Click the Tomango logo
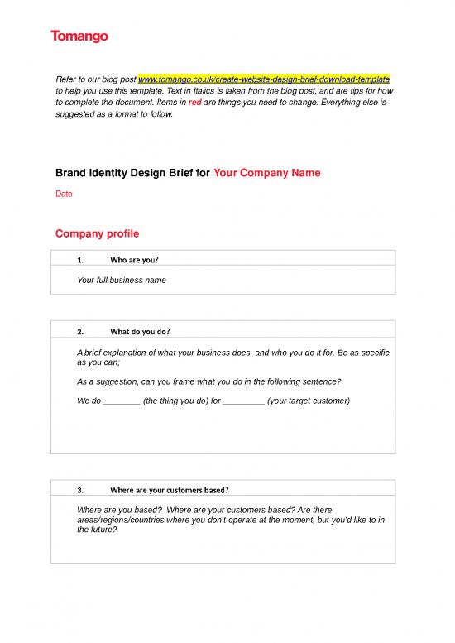[79, 36]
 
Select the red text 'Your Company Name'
[266, 174]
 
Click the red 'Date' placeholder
[63, 194]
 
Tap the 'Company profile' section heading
[97, 233]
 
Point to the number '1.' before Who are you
[80, 260]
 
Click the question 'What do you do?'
[140, 332]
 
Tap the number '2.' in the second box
[80, 332]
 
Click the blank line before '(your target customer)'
[243, 401]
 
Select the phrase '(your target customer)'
[309, 401]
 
